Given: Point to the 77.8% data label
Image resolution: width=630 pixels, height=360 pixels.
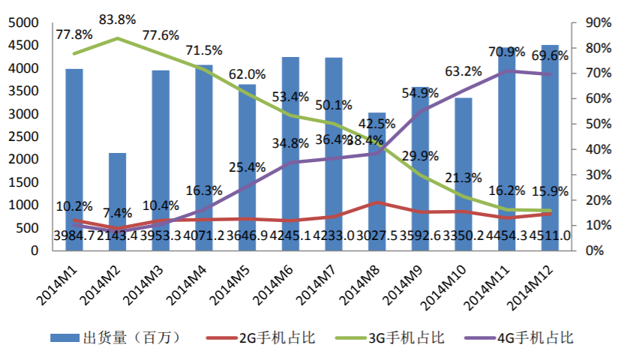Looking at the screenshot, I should pos(73,34).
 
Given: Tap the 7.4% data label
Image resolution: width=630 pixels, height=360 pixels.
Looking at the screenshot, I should pos(117,214).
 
